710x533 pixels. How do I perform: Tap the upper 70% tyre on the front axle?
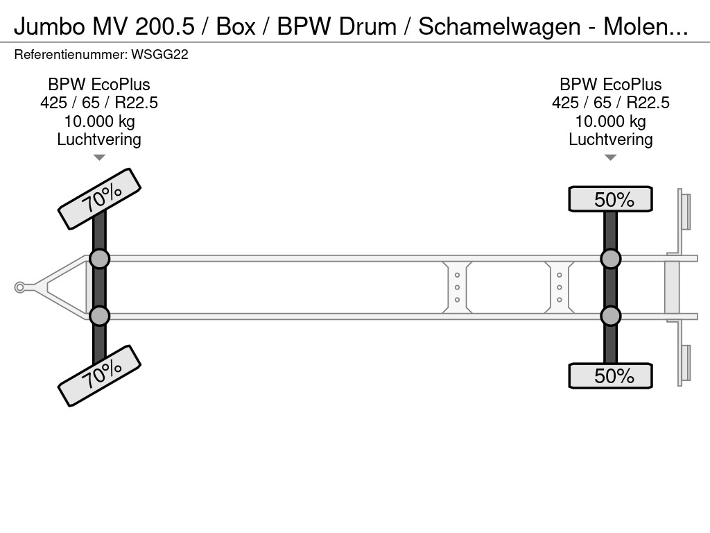click(99, 199)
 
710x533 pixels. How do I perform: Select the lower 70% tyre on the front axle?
click(99, 375)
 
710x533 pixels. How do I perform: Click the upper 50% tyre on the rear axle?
click(610, 199)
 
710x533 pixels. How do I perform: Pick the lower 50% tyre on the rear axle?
click(610, 375)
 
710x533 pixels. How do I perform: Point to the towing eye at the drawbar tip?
click(20, 287)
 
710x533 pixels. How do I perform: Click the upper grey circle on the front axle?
click(99, 259)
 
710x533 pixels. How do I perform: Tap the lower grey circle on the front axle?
click(99, 316)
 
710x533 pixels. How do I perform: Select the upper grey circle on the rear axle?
click(610, 259)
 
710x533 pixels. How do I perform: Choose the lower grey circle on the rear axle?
click(610, 316)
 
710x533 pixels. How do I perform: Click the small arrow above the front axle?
click(99, 158)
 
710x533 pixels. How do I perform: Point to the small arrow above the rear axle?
click(610, 158)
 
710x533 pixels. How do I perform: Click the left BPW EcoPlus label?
click(99, 85)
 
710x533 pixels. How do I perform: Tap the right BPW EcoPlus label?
click(610, 85)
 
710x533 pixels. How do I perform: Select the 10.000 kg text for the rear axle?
click(610, 121)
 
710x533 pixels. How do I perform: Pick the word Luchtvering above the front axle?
click(99, 139)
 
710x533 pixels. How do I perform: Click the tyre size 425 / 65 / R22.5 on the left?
click(99, 103)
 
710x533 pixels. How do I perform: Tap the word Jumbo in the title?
click(46, 26)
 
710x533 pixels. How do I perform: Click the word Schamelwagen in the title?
click(499, 26)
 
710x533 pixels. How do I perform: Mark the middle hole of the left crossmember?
click(458, 287)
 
